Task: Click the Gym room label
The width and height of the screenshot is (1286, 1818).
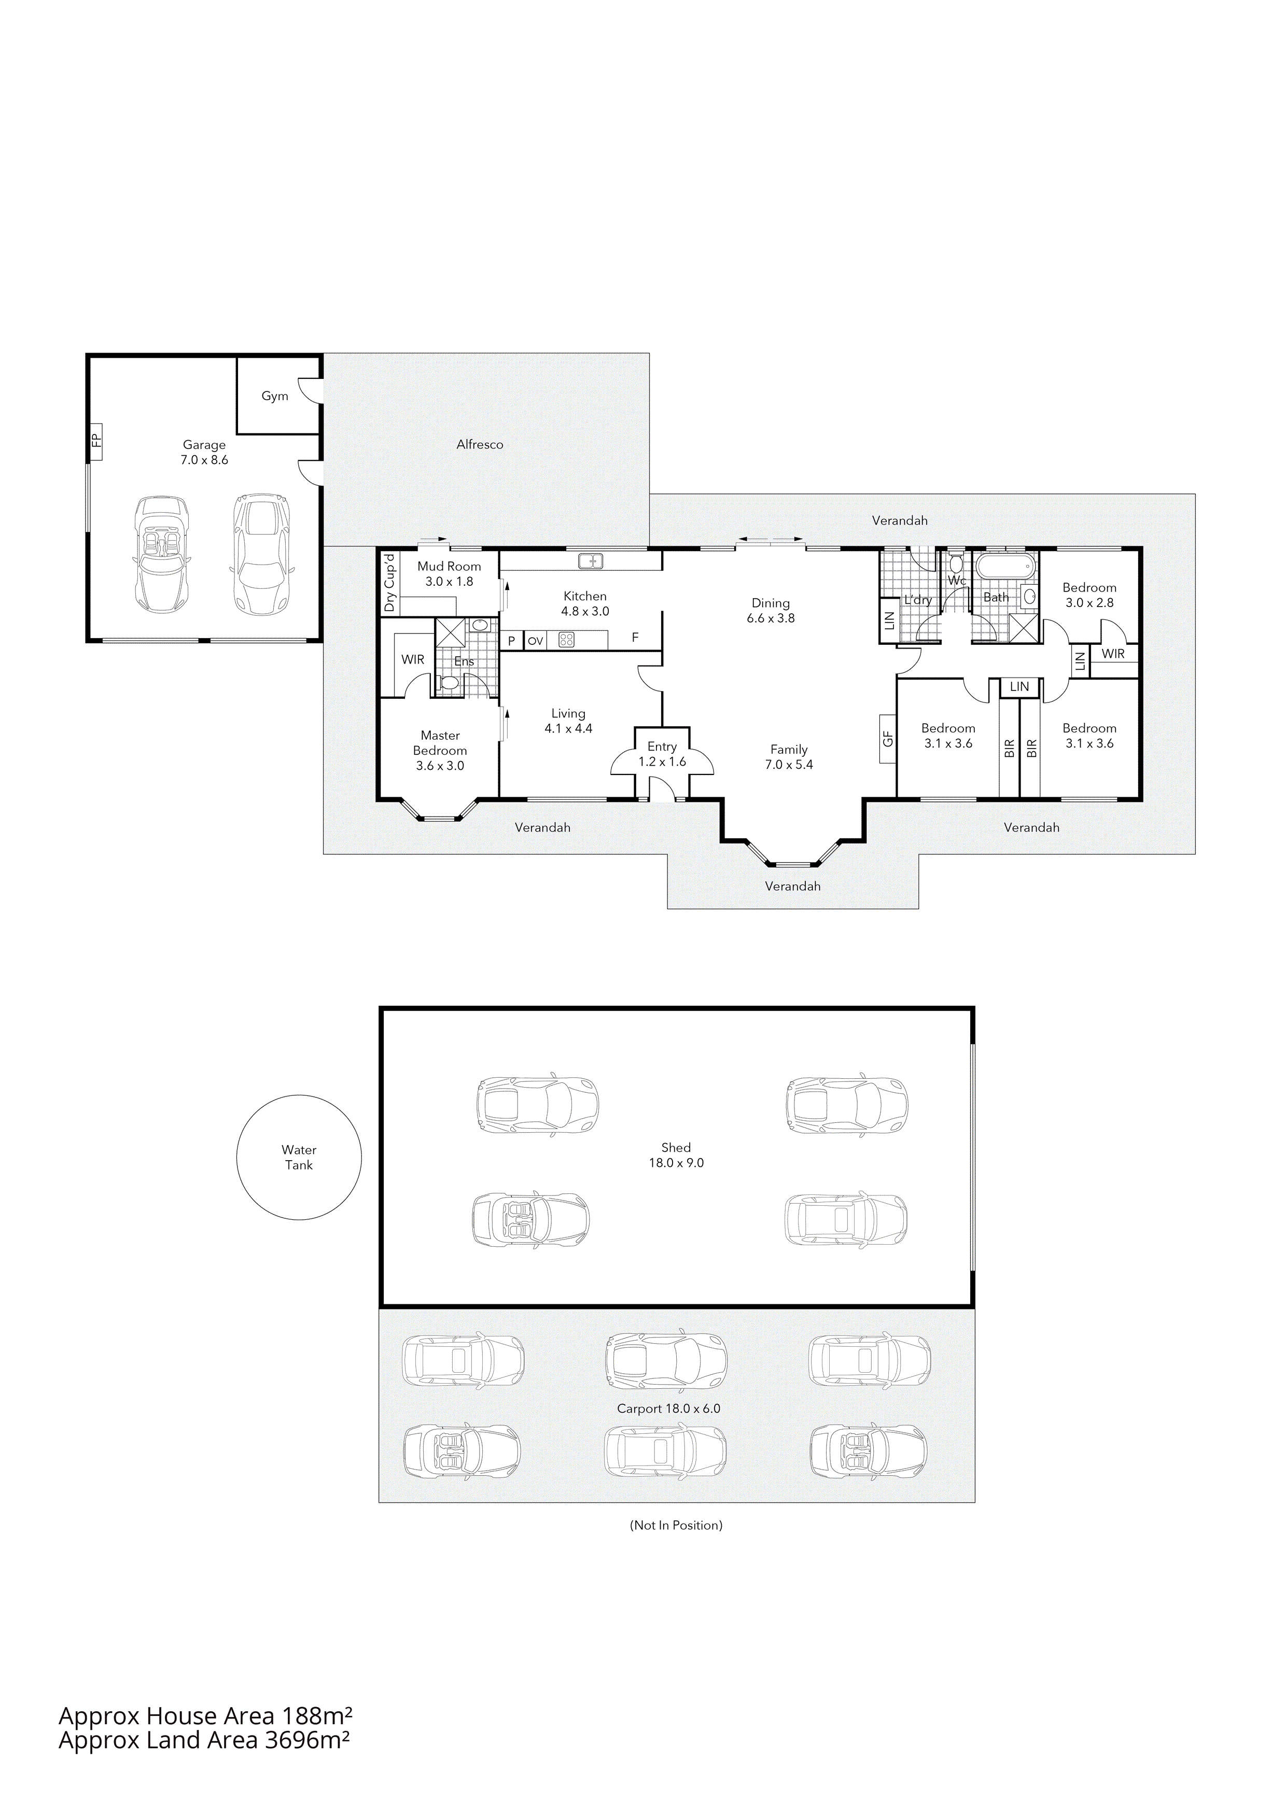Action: point(275,396)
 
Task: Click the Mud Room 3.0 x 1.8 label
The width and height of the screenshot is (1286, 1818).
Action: point(449,573)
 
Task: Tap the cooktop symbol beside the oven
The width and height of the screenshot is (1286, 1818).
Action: point(565,640)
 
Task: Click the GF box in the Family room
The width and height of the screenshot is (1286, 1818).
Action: point(887,738)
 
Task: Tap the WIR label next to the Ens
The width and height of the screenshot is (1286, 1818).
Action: point(413,659)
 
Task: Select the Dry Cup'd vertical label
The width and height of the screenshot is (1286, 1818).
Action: point(389,583)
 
